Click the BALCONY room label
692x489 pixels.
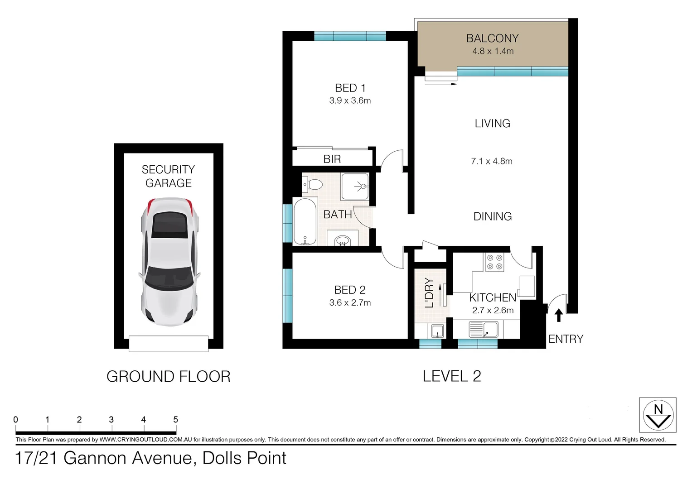[493, 38]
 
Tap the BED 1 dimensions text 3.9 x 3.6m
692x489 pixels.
[350, 101]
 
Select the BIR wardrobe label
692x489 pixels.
[332, 159]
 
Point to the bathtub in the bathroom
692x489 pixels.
[305, 222]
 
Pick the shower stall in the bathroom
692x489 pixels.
[355, 186]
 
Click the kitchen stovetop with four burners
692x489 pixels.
[494, 262]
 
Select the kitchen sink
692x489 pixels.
[484, 330]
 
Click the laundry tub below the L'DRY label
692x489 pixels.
[437, 331]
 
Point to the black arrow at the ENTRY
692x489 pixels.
[559, 316]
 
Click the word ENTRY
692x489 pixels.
[566, 339]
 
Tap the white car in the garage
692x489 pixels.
[169, 262]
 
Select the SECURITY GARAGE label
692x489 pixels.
[169, 176]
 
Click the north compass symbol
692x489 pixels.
[658, 415]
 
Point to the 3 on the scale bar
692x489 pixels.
[111, 420]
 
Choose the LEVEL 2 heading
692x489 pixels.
[452, 376]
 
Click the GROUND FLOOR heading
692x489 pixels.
[169, 377]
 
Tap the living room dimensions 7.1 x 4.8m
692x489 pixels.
[492, 161]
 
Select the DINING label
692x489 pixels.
[493, 216]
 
